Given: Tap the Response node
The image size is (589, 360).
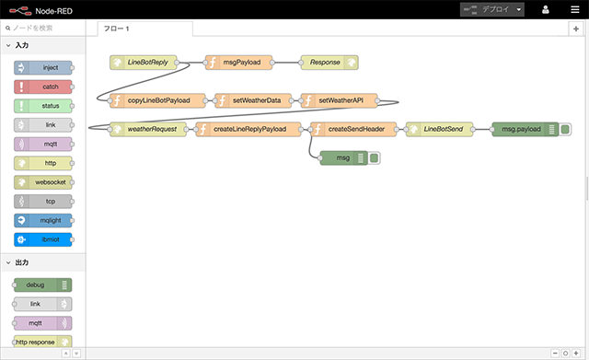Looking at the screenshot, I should pos(324,63).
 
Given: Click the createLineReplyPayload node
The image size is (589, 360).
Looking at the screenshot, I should pos(249,129).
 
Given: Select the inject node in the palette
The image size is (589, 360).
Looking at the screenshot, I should pos(45,68).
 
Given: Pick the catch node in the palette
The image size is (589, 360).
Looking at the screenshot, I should pos(45,87).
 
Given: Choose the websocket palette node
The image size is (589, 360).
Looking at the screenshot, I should pos(45,181).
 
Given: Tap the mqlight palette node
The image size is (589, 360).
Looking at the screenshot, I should pos(45,220).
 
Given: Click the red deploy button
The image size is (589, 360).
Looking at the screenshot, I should pos(494,9).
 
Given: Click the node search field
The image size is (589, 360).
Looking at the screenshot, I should pos(48,29).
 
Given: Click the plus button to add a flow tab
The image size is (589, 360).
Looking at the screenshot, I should pos(576,29).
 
